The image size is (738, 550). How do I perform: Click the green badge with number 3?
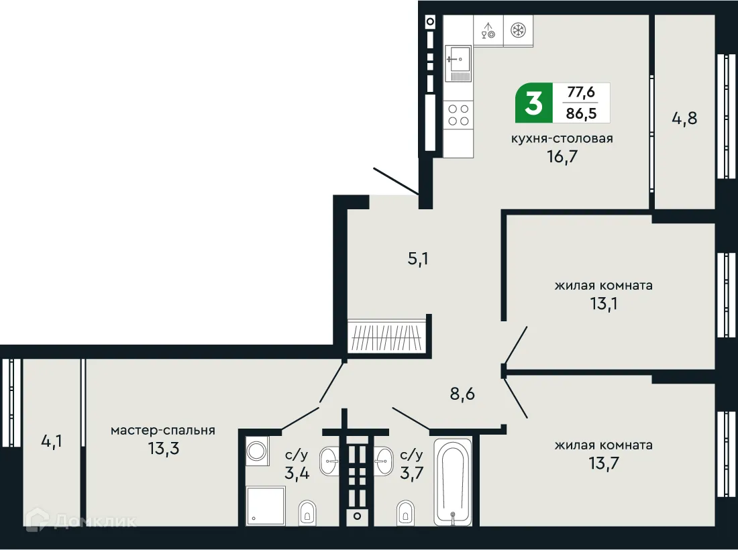[x=533, y=104]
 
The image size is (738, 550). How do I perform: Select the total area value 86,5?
[x=581, y=113]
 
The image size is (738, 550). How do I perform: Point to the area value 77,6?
[x=581, y=92]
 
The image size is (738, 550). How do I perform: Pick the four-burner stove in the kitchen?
[x=458, y=115]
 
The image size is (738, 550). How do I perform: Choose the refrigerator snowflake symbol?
[x=518, y=30]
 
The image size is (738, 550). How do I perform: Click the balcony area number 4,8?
[x=684, y=119]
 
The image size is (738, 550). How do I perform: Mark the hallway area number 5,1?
[x=418, y=258]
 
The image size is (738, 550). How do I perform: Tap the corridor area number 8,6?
[x=462, y=393]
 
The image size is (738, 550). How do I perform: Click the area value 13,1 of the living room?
[x=602, y=302]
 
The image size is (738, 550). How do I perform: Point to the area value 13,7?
[x=602, y=462]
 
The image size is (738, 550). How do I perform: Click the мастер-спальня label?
[x=163, y=430]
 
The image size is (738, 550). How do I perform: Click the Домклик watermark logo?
[x=81, y=520]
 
